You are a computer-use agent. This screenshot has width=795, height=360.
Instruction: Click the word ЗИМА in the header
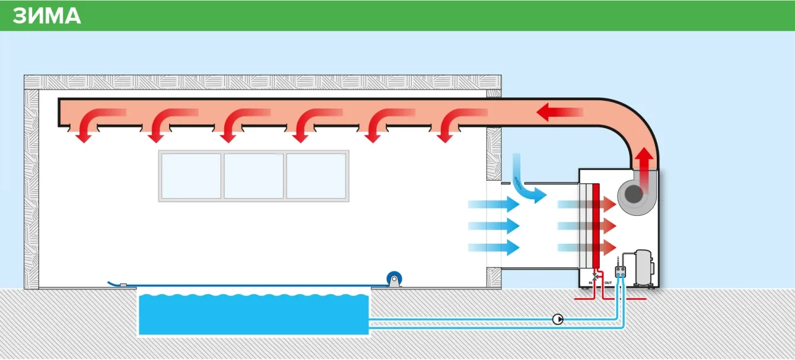(x=46, y=16)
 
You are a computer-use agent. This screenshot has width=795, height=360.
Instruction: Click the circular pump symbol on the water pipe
(x=558, y=319)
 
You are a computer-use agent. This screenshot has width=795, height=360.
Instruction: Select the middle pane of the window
(x=253, y=176)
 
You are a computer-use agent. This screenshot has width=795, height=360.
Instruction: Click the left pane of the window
(x=191, y=176)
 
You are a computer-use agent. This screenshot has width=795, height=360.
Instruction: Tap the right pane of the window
(x=316, y=176)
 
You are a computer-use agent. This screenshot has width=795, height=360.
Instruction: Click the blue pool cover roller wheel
(x=393, y=278)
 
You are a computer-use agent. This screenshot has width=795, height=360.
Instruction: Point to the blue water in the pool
(x=253, y=314)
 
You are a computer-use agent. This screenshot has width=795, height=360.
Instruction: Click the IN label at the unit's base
(x=591, y=283)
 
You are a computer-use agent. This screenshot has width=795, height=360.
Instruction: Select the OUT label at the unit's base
(x=608, y=283)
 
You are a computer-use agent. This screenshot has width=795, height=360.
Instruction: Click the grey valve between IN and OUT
(x=596, y=276)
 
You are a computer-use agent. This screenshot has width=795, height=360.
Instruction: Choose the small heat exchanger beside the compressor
(x=621, y=272)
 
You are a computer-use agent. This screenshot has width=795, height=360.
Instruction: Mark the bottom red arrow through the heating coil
(x=587, y=247)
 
